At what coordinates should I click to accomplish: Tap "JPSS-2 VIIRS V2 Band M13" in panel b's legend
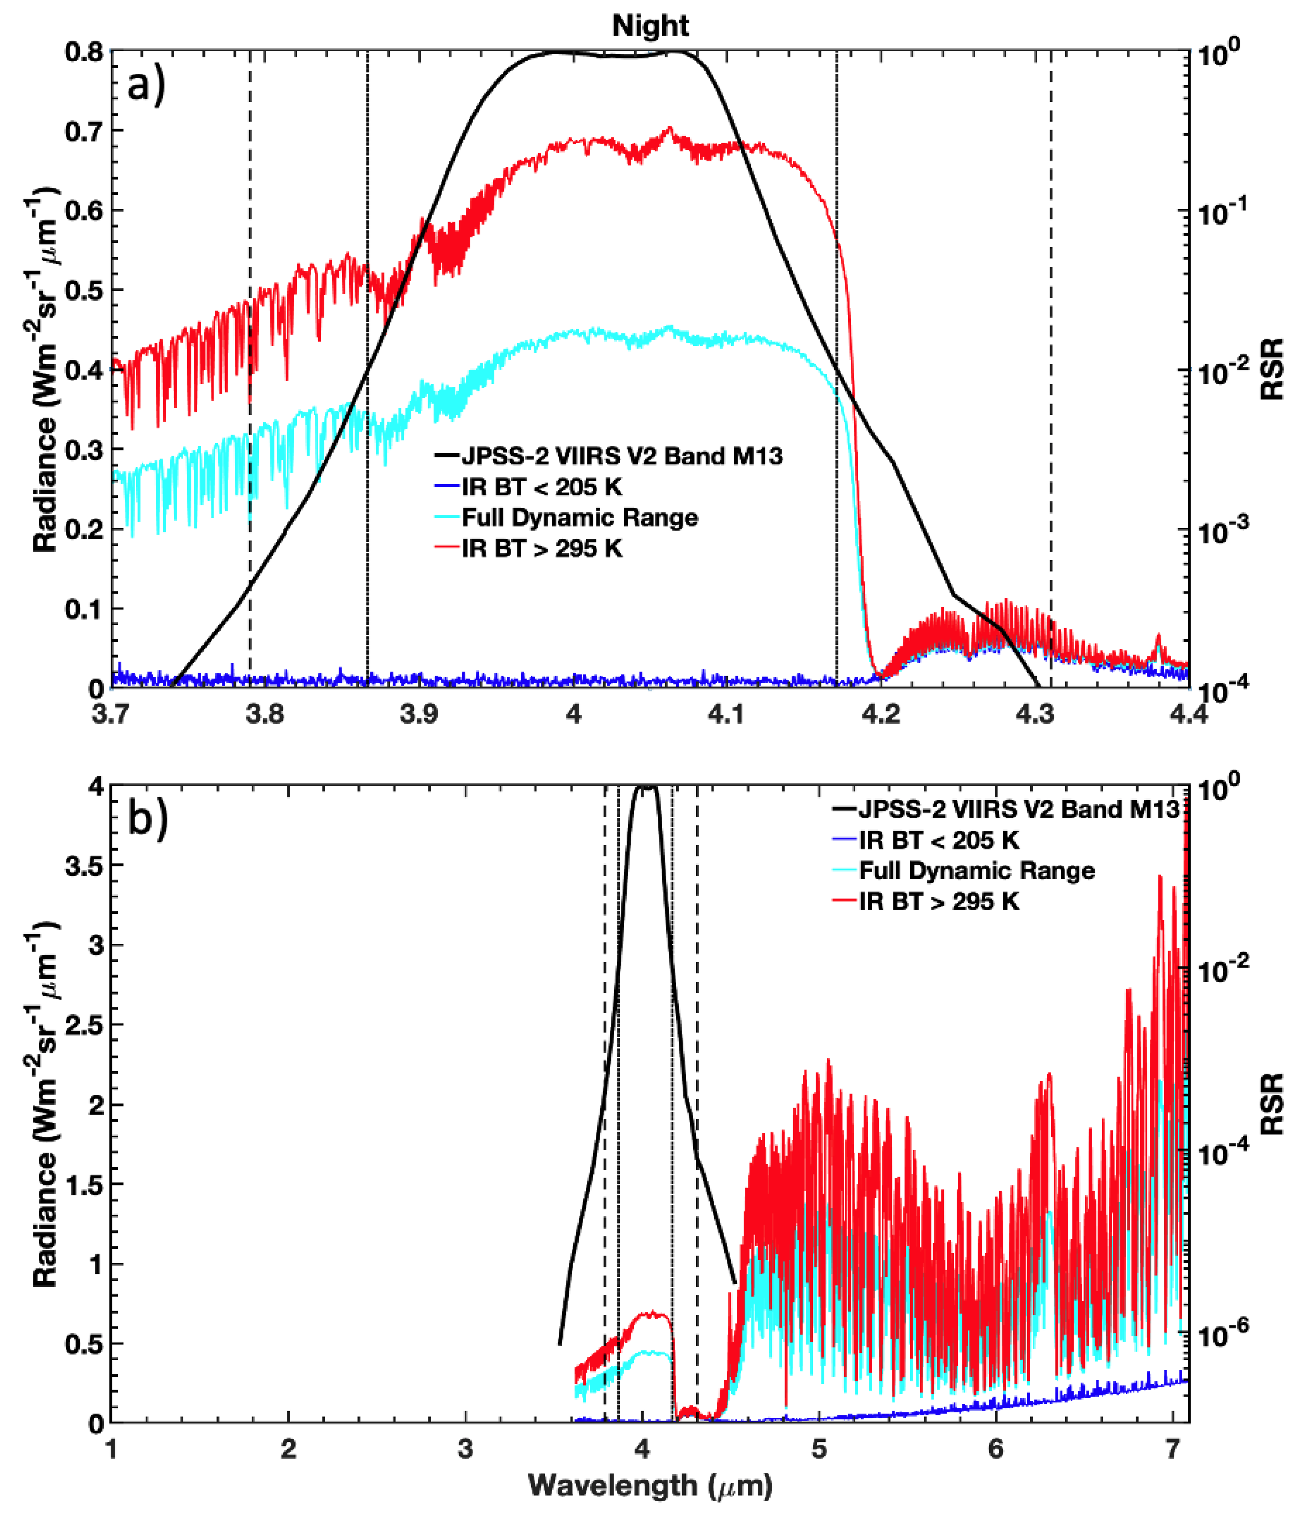pyautogui.click(x=1018, y=809)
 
